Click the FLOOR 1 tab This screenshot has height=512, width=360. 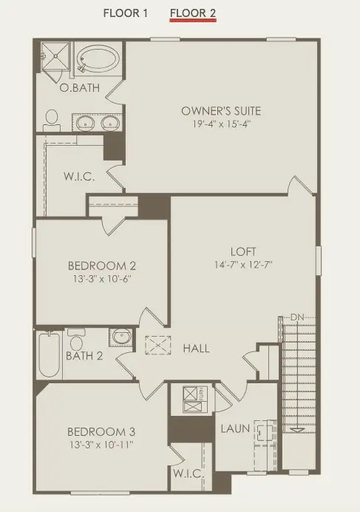coord(126,13)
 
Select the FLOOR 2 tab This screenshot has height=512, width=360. coord(192,13)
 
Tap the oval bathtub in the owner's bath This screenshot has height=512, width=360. coord(99,59)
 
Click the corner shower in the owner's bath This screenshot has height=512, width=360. coord(54,55)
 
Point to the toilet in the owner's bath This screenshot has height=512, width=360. coord(51,121)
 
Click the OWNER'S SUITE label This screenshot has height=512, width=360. coord(221,111)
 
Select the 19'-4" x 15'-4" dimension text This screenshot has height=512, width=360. coord(221,124)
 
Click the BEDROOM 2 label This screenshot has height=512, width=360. coord(101,266)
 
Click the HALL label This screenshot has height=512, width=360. coord(196,348)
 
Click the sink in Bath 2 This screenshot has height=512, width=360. coord(120,337)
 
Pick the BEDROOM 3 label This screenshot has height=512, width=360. coord(101,431)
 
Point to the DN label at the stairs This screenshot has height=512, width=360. coord(297,317)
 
